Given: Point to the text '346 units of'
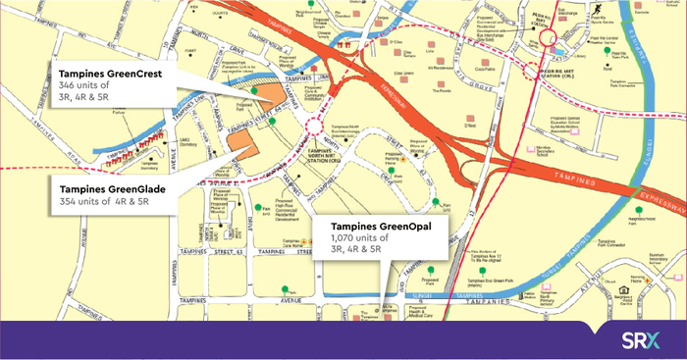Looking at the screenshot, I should (82, 86).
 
